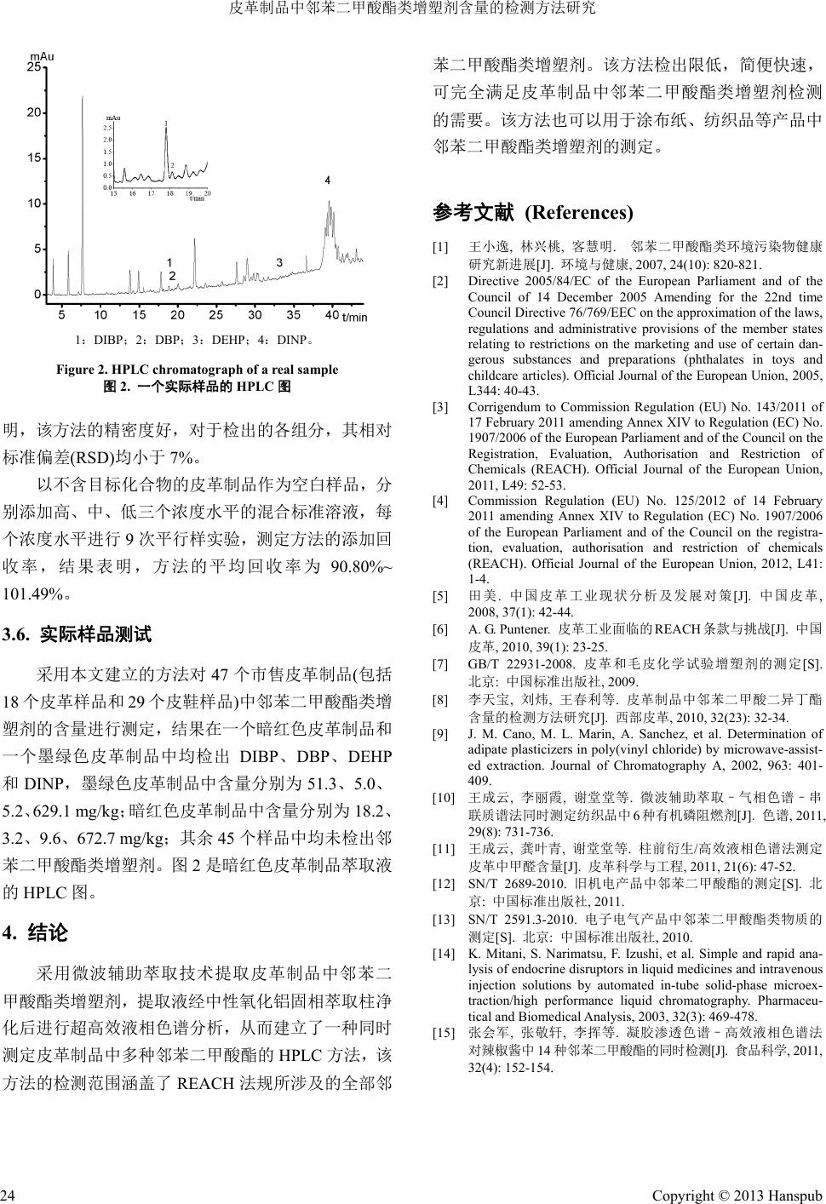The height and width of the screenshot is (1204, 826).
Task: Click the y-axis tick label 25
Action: click(32, 67)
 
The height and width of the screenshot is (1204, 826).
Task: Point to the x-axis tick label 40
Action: click(331, 315)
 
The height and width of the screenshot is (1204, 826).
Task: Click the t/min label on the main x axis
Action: click(354, 318)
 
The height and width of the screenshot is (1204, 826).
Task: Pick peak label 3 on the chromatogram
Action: click(279, 263)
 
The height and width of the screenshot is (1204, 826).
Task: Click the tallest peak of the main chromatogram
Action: click(82, 100)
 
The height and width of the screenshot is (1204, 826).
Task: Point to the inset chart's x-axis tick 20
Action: click(207, 193)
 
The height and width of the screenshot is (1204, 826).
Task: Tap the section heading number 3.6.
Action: click(18, 634)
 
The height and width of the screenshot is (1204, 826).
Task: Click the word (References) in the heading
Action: click(579, 212)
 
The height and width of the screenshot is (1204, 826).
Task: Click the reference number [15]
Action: click(444, 1057)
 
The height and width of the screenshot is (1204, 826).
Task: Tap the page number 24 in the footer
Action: click(9, 1190)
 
